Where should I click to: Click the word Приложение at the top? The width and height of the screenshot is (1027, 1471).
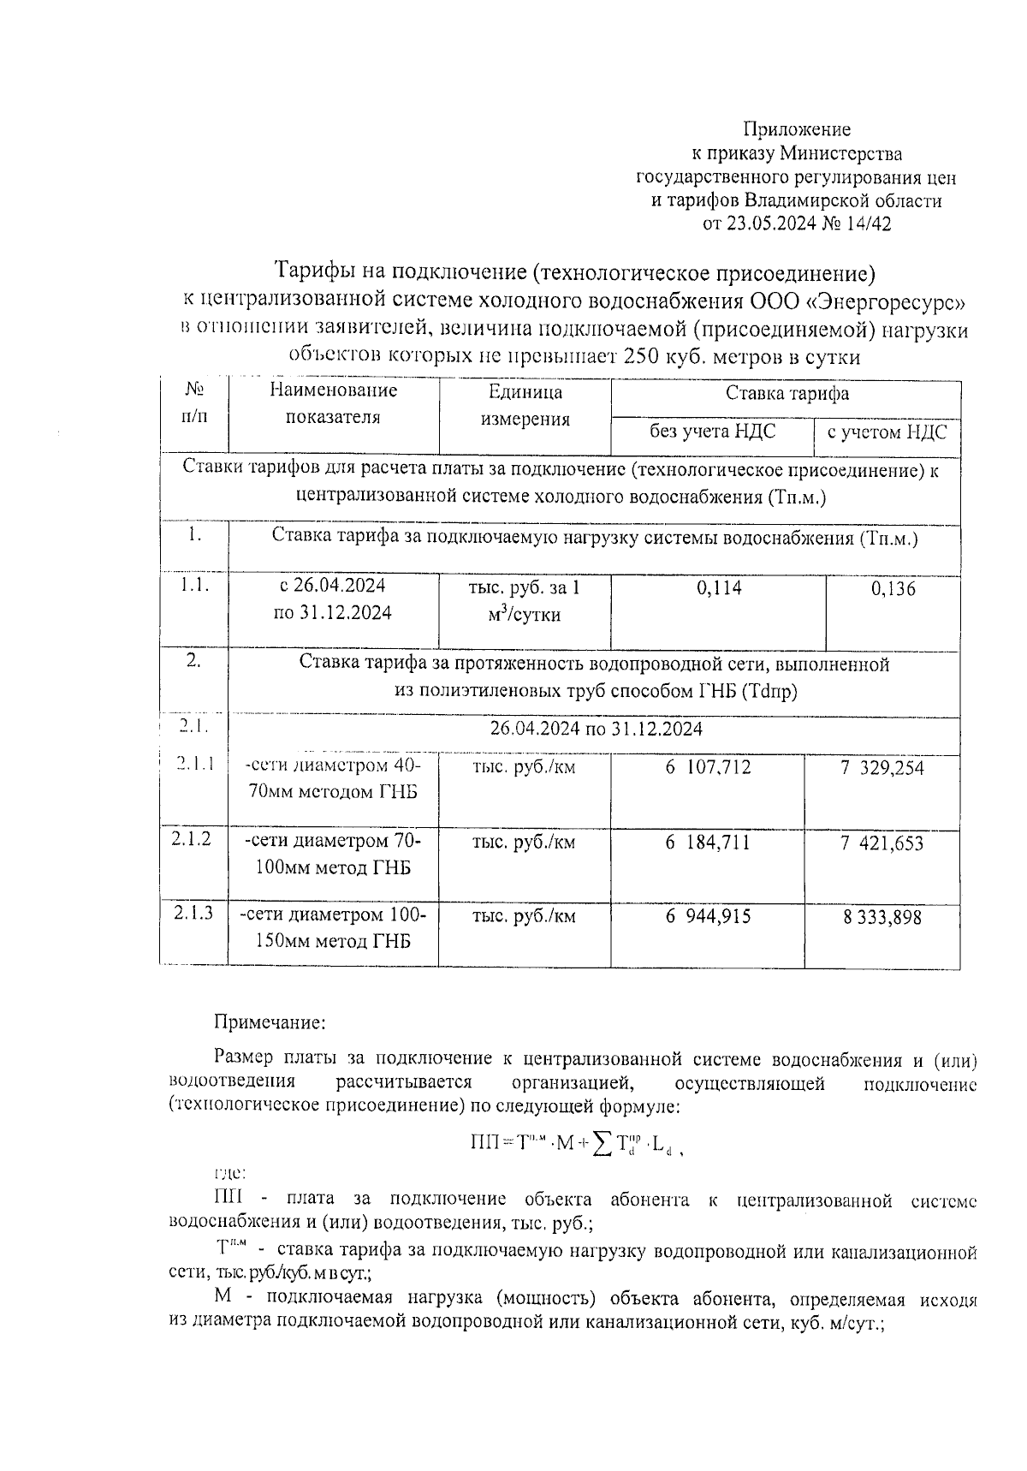796,129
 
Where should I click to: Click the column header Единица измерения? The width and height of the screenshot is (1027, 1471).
525,405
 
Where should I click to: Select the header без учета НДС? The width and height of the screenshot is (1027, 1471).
712,431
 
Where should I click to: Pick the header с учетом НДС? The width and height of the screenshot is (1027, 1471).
887,432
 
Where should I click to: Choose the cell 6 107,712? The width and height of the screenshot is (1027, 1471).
708,767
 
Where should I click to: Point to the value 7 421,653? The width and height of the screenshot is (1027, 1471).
882,843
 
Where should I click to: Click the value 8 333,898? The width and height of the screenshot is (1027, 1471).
882,917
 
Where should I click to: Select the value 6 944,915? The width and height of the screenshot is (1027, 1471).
708,917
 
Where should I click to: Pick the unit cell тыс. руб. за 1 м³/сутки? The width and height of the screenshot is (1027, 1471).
525,600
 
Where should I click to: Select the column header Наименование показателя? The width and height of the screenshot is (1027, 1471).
334,404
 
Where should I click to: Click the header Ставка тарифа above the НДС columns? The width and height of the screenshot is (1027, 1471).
787,393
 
